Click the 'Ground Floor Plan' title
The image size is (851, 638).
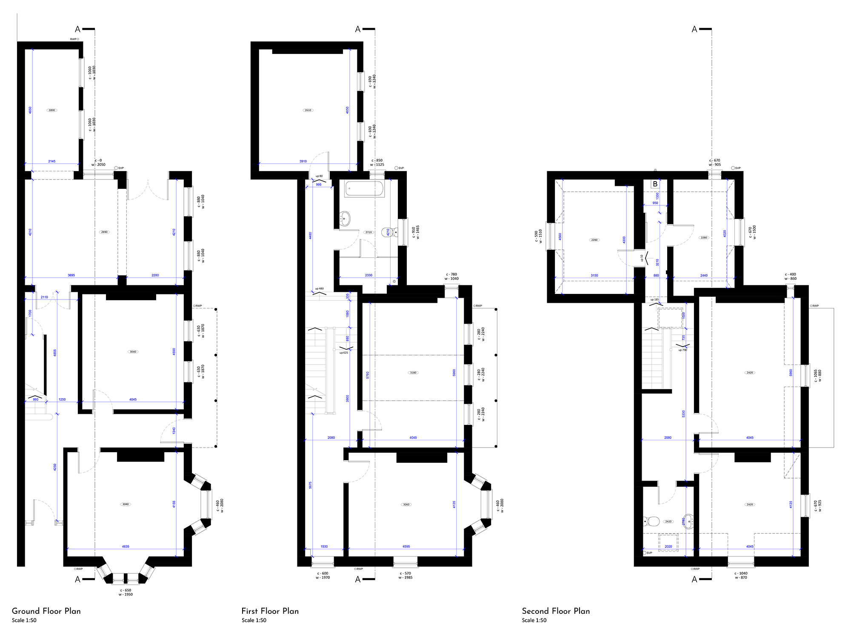[x=46, y=611]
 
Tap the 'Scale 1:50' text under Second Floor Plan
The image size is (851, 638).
[x=534, y=621]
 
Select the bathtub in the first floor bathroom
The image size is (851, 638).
[x=364, y=188]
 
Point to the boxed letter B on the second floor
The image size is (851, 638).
[x=655, y=184]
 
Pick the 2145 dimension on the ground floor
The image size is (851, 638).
[x=51, y=161]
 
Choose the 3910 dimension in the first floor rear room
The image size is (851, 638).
[x=303, y=161]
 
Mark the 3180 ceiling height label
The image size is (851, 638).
[x=413, y=373]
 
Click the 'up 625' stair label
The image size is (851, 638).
[x=343, y=353]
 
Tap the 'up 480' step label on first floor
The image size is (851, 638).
[x=319, y=289]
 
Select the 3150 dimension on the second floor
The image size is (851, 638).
[x=594, y=276]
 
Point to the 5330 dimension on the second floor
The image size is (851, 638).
[x=683, y=413]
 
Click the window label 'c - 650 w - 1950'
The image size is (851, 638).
[x=126, y=592]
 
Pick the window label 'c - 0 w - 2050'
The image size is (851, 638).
[x=98, y=162]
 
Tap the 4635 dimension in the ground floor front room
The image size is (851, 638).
[x=126, y=547]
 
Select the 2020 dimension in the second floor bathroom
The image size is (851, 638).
[x=668, y=547]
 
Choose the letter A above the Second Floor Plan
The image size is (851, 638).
[x=694, y=29]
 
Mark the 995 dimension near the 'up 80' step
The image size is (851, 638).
[x=319, y=185]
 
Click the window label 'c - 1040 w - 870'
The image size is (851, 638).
[x=741, y=575]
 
